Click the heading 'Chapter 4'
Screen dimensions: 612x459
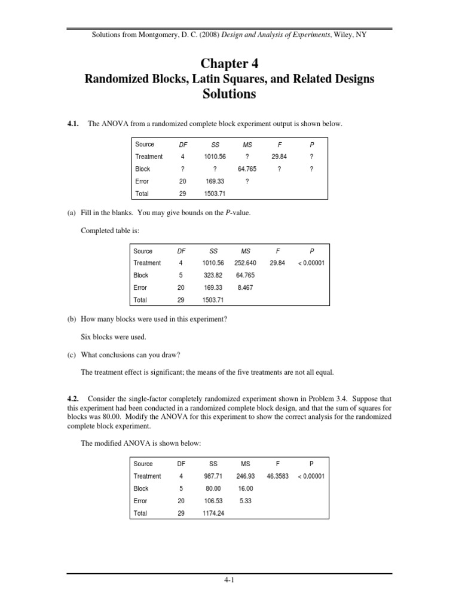click(229, 63)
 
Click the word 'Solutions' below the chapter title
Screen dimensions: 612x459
click(229, 94)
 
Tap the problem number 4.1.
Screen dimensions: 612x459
click(73, 124)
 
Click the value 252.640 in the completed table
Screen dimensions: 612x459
click(246, 263)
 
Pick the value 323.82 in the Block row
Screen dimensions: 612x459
click(214, 276)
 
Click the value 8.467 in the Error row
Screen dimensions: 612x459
click(246, 287)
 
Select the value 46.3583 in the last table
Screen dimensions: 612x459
click(278, 476)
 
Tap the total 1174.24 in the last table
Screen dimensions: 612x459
click(214, 513)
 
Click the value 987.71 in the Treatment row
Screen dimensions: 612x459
click(214, 476)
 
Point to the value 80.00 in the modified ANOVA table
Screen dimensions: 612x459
click(214, 488)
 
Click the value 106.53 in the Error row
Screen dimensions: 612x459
click(214, 501)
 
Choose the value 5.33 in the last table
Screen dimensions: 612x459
click(246, 501)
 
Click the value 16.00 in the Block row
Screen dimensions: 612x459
click(246, 488)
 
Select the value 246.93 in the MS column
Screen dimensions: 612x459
click(246, 476)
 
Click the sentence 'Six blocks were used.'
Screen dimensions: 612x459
click(113, 336)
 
